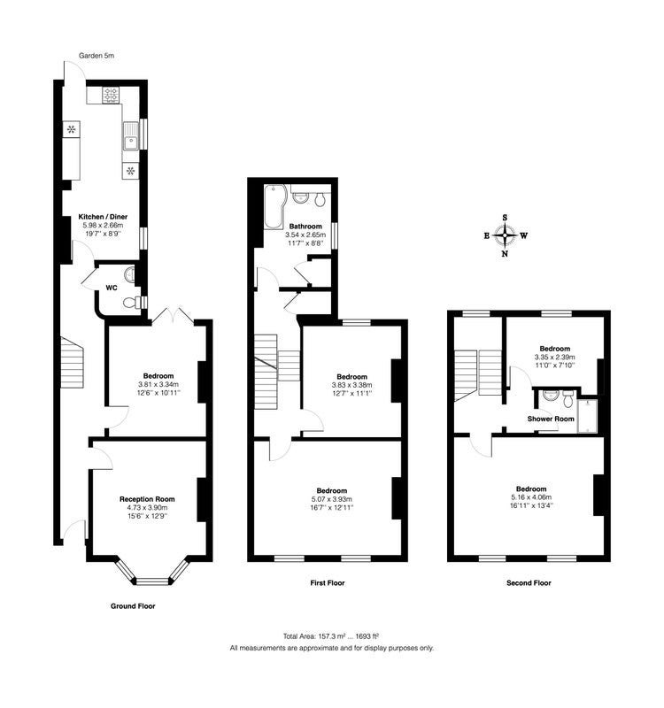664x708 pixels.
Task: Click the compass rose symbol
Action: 505,235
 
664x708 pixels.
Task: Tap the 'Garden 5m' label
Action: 97,56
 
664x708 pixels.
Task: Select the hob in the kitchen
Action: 111,96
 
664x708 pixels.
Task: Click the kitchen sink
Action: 130,136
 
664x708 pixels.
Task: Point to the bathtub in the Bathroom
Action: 273,206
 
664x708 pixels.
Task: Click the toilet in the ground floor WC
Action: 132,301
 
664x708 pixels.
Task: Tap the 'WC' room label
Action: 112,288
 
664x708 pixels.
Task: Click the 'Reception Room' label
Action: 147,499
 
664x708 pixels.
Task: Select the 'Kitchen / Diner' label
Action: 103,217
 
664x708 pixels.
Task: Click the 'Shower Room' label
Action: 551,419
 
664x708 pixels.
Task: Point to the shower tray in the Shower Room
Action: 587,416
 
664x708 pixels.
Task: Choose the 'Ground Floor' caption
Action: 133,606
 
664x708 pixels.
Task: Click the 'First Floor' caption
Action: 328,583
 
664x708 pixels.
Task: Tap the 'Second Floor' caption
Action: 529,583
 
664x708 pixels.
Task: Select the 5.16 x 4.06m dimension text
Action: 531,497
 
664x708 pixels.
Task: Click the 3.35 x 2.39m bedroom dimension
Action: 555,357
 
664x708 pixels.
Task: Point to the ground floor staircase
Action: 73,362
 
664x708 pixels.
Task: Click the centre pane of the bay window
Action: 152,581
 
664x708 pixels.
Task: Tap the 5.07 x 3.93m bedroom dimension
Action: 331,499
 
